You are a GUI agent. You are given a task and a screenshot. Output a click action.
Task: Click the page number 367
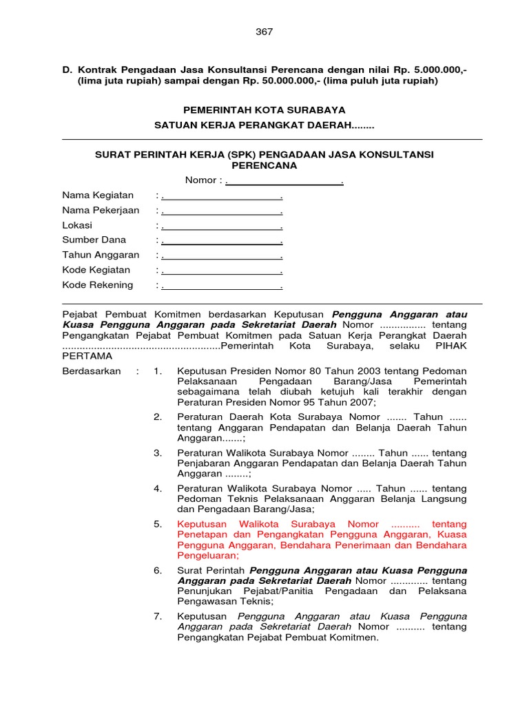(264, 32)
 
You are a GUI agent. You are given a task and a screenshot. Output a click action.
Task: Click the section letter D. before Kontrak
(68, 70)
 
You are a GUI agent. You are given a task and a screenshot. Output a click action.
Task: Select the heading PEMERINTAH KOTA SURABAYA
(264, 109)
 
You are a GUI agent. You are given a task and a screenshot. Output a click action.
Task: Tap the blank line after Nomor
(284, 180)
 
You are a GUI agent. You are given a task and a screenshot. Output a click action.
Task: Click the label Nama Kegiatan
(98, 196)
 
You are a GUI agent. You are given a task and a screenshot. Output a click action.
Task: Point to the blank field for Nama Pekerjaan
(222, 211)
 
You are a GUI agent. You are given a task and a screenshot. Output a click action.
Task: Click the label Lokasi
(77, 226)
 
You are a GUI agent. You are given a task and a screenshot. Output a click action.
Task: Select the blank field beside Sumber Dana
(222, 241)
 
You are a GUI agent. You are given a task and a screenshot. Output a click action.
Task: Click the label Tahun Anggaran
(101, 255)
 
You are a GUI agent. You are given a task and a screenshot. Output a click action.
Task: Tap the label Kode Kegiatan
(96, 271)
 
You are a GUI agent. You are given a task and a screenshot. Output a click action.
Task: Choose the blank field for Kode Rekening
(222, 286)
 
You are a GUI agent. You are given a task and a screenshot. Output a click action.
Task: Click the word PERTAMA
(87, 356)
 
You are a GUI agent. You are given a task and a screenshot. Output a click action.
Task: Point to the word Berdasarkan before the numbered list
(92, 372)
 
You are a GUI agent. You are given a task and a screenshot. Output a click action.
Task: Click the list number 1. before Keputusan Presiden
(158, 372)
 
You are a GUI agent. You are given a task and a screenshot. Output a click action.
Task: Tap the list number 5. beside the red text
(158, 524)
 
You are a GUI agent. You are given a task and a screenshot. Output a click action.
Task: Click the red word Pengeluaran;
(208, 555)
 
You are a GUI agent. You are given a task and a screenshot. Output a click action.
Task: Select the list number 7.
(158, 616)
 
